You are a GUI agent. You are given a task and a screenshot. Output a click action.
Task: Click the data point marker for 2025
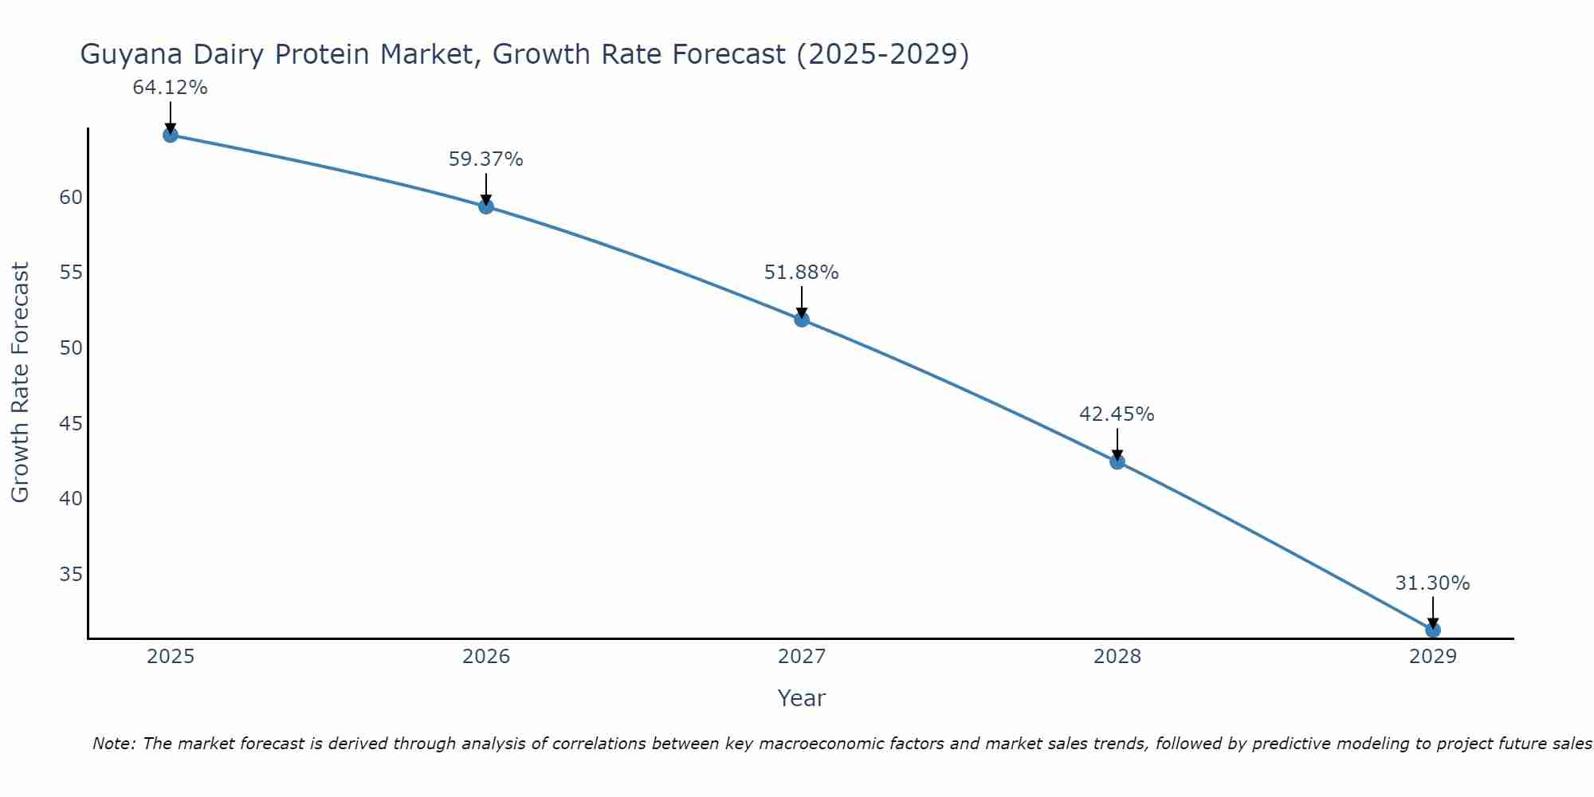(171, 135)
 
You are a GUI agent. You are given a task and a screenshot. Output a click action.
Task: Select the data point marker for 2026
(486, 206)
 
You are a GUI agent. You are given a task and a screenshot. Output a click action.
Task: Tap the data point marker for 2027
(802, 320)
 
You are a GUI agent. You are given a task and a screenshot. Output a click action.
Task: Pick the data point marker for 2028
(1117, 461)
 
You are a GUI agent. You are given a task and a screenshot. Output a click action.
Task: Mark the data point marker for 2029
(1433, 630)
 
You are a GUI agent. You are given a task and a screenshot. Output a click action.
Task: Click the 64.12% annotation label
(170, 88)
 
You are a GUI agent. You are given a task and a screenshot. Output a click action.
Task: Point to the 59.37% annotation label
(485, 159)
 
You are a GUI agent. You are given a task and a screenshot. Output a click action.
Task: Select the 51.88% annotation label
(801, 273)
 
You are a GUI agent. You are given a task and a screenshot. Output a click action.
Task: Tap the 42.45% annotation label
(1117, 414)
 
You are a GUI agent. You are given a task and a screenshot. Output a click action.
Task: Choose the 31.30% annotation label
(1432, 583)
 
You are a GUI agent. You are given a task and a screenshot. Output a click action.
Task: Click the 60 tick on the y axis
(71, 198)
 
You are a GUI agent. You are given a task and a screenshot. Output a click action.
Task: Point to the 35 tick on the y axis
(71, 575)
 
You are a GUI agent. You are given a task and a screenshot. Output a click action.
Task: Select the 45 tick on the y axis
(71, 424)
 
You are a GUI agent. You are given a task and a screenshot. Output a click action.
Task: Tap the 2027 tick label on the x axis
(802, 657)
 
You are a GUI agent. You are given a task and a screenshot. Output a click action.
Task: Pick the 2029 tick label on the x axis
(1433, 657)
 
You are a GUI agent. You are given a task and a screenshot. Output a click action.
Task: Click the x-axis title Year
(801, 698)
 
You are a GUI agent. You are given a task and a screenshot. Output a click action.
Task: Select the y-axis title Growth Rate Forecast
(20, 383)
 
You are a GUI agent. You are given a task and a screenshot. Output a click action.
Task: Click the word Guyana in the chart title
(132, 55)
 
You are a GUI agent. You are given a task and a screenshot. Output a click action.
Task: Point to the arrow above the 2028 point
(1117, 443)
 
